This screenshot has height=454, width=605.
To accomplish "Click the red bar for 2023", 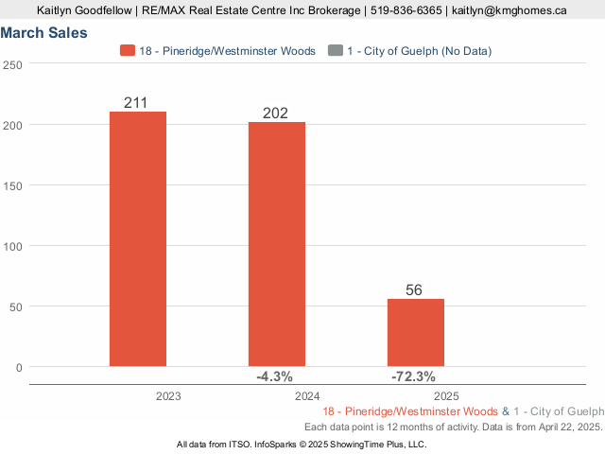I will [x=138, y=238].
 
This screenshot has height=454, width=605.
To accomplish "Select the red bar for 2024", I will [x=277, y=243].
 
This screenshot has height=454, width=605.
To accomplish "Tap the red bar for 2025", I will [x=415, y=332].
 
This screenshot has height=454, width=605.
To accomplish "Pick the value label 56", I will [x=414, y=289].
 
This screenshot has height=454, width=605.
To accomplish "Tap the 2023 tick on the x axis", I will [x=169, y=396].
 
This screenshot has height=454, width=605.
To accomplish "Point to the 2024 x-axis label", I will [x=307, y=396].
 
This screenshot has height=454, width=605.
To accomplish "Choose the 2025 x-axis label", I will [x=446, y=396].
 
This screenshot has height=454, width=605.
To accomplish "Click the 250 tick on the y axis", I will [x=13, y=64].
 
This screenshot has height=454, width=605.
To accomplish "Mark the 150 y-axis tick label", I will [x=13, y=185].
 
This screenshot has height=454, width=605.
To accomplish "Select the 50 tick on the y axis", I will [x=16, y=306].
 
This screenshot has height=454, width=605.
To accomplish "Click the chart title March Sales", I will [x=44, y=33].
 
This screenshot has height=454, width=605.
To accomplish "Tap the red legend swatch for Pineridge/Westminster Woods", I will [x=128, y=50].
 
